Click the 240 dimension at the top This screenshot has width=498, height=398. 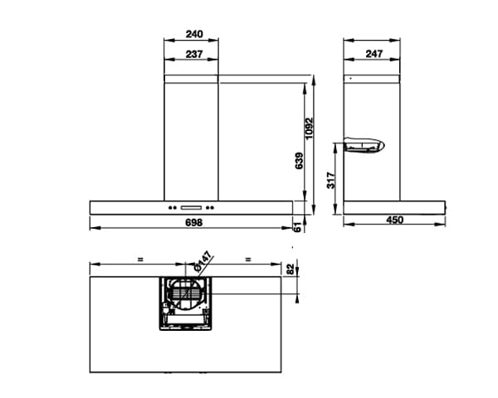tap(193, 35)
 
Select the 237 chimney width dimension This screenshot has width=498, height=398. tap(193, 54)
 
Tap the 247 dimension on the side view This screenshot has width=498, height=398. tap(373, 54)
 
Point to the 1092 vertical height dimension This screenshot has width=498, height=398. tap(310, 127)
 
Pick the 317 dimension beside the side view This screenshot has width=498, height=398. tap(330, 179)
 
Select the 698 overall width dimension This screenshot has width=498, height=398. tap(193, 223)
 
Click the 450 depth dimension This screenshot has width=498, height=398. tap(394, 221)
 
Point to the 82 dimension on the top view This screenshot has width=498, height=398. tap(290, 267)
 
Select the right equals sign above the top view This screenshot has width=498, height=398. tap(247, 259)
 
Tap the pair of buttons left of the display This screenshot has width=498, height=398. tap(173, 207)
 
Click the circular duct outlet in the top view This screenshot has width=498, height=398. tap(185, 296)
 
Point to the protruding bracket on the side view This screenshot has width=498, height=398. tap(364, 146)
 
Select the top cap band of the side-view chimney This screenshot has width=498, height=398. tap(373, 79)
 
